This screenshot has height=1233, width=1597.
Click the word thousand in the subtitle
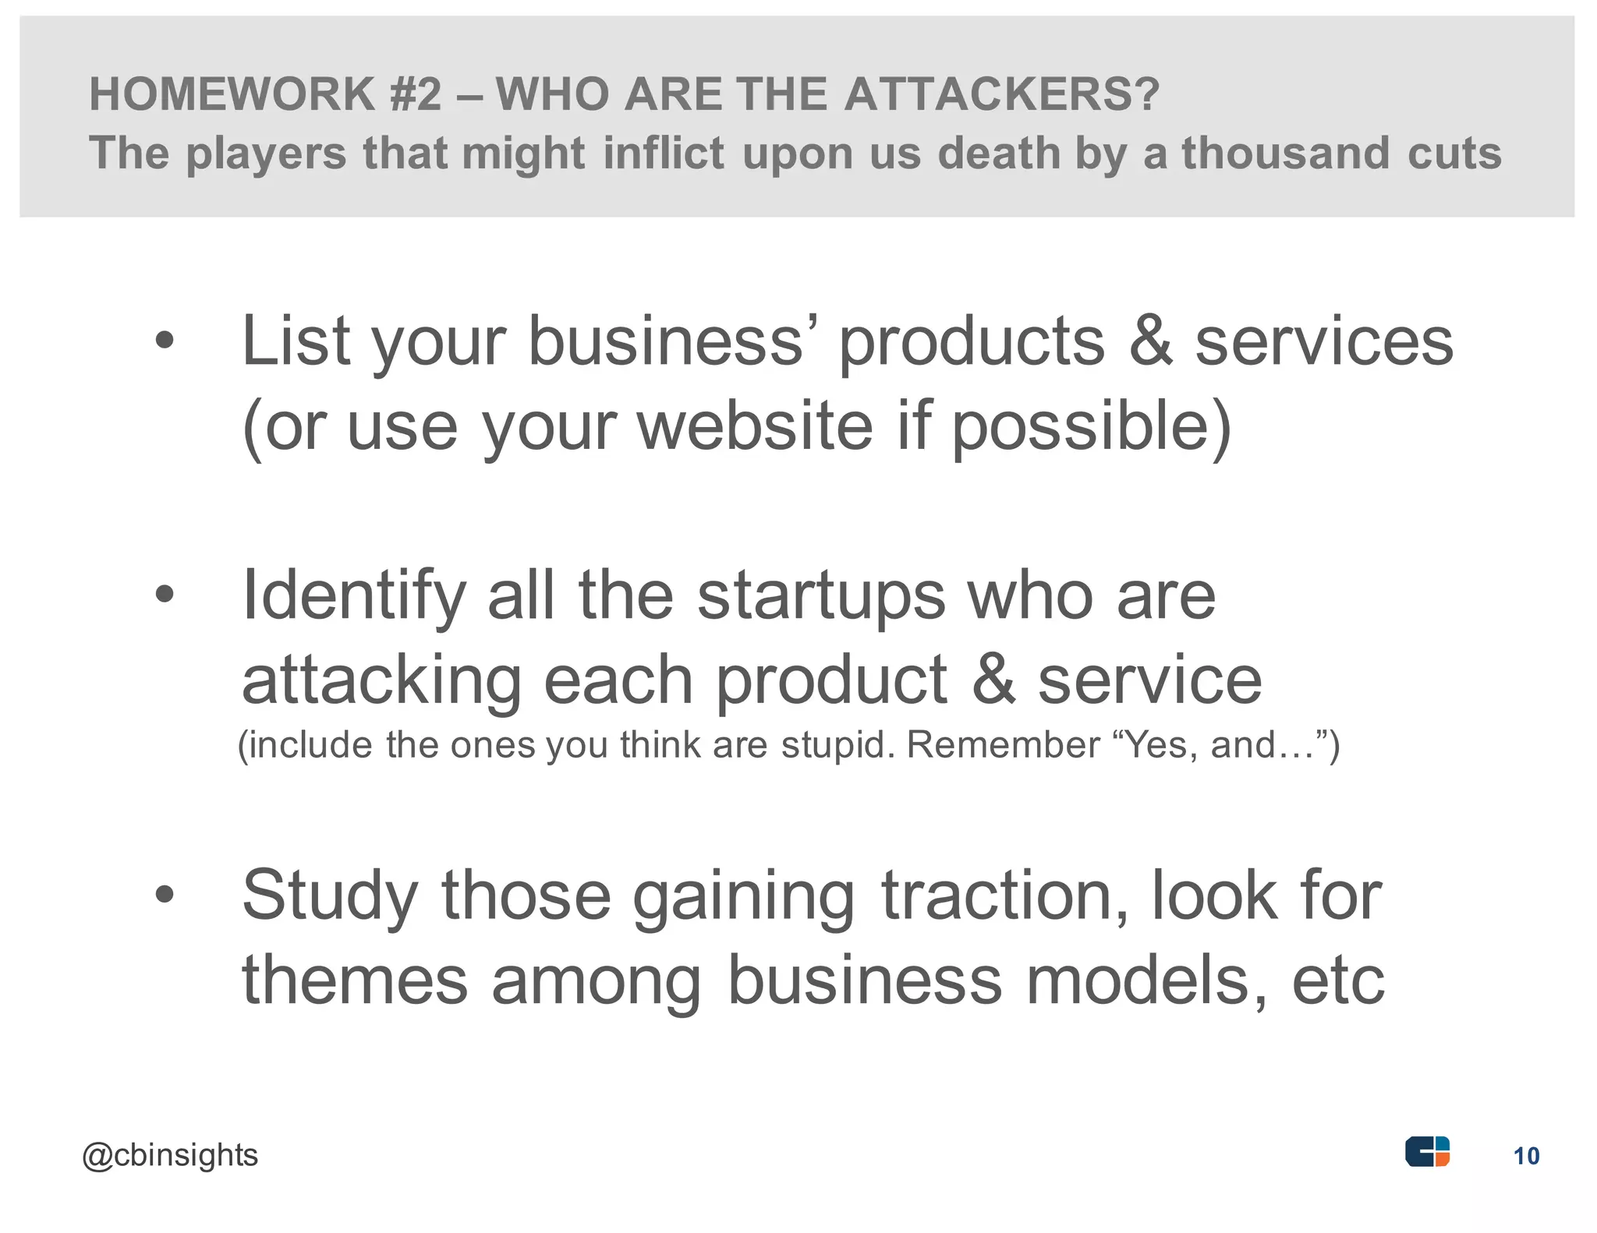coord(1286,152)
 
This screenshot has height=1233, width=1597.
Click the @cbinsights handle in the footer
coord(170,1155)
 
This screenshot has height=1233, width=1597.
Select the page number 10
coord(1526,1156)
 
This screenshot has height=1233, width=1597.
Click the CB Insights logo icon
coord(1427,1151)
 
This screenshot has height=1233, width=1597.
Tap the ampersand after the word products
coord(1150,341)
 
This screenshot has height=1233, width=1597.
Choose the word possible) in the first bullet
coord(1092,427)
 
